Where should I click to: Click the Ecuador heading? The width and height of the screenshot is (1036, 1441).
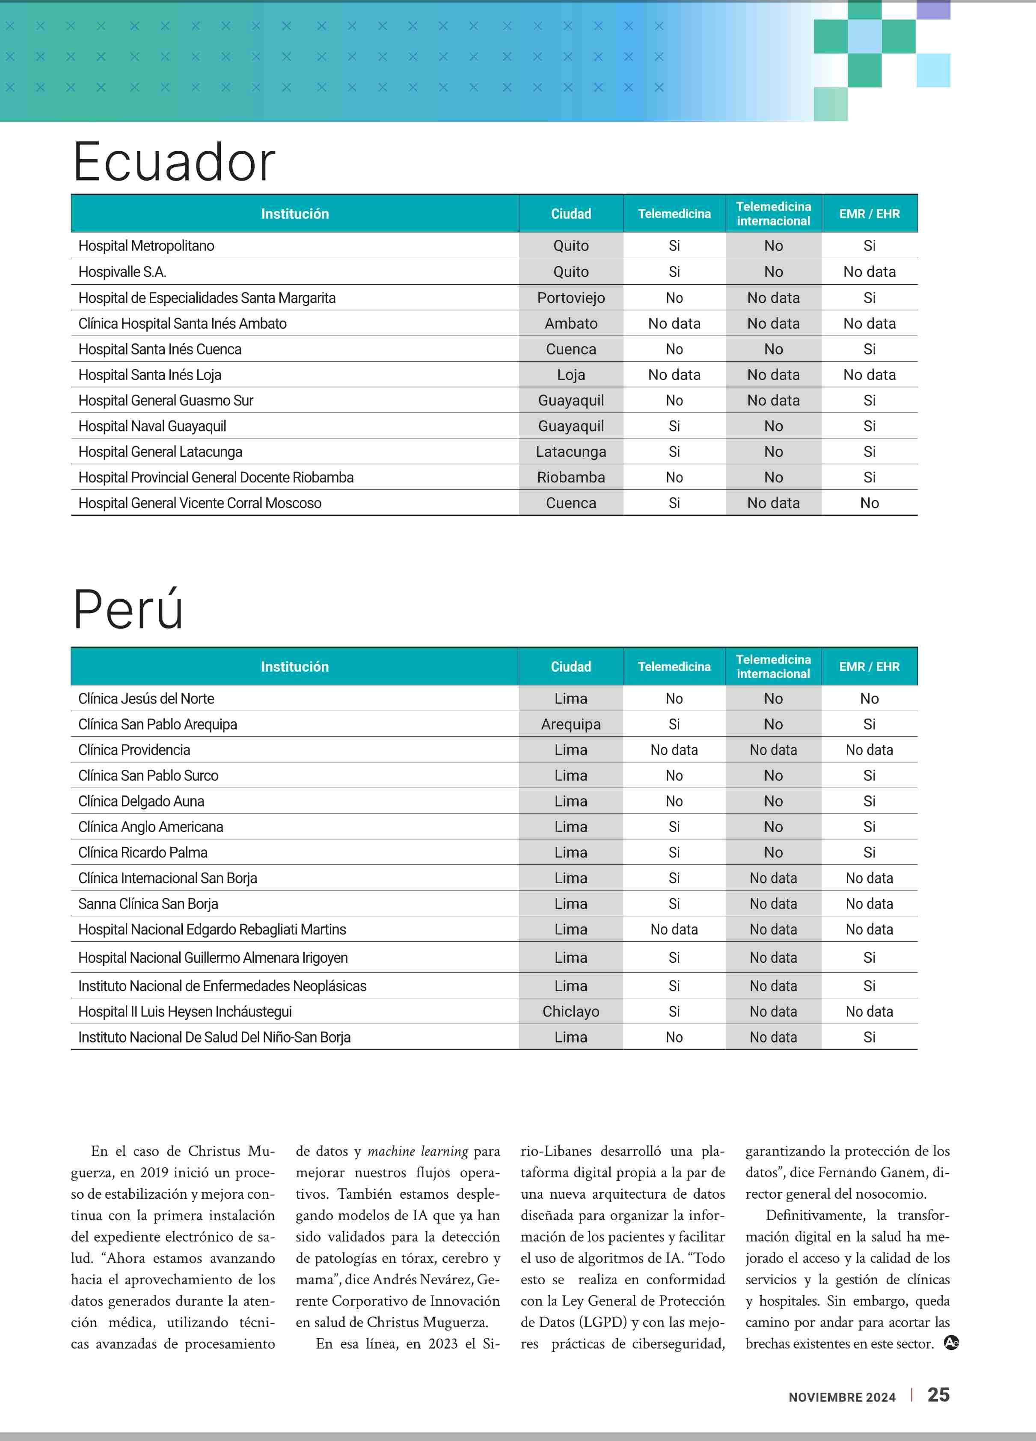click(x=174, y=162)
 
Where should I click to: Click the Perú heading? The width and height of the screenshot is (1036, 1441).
click(x=128, y=610)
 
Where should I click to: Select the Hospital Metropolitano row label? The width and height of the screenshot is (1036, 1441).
click(x=146, y=246)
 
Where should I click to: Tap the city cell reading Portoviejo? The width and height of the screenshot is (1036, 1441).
click(x=570, y=298)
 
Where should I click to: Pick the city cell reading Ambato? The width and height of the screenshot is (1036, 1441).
click(x=570, y=323)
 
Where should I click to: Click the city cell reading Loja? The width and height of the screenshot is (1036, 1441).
click(x=570, y=375)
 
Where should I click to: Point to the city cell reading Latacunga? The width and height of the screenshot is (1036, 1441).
click(x=570, y=452)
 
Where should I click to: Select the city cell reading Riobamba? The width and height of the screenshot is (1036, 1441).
click(x=570, y=477)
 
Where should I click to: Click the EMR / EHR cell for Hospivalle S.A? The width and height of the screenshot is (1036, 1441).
click(x=869, y=272)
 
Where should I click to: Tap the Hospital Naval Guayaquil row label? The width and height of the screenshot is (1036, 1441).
click(x=152, y=426)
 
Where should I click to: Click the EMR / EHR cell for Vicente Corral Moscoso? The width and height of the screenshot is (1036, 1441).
click(x=869, y=503)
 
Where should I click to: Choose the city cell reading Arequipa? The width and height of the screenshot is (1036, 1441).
click(x=570, y=724)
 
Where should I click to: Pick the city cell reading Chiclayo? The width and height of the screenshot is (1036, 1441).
click(x=570, y=1012)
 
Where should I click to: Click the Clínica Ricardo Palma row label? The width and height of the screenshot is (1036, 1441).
click(x=143, y=853)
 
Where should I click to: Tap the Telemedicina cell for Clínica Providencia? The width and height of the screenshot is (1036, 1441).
click(x=674, y=750)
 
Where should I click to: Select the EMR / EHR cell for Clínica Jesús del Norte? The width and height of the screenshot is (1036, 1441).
click(x=869, y=699)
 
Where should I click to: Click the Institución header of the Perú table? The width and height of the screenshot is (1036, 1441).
click(x=295, y=667)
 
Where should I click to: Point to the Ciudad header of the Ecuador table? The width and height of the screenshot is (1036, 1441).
click(x=570, y=214)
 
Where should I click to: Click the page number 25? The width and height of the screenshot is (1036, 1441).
click(x=938, y=1395)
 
